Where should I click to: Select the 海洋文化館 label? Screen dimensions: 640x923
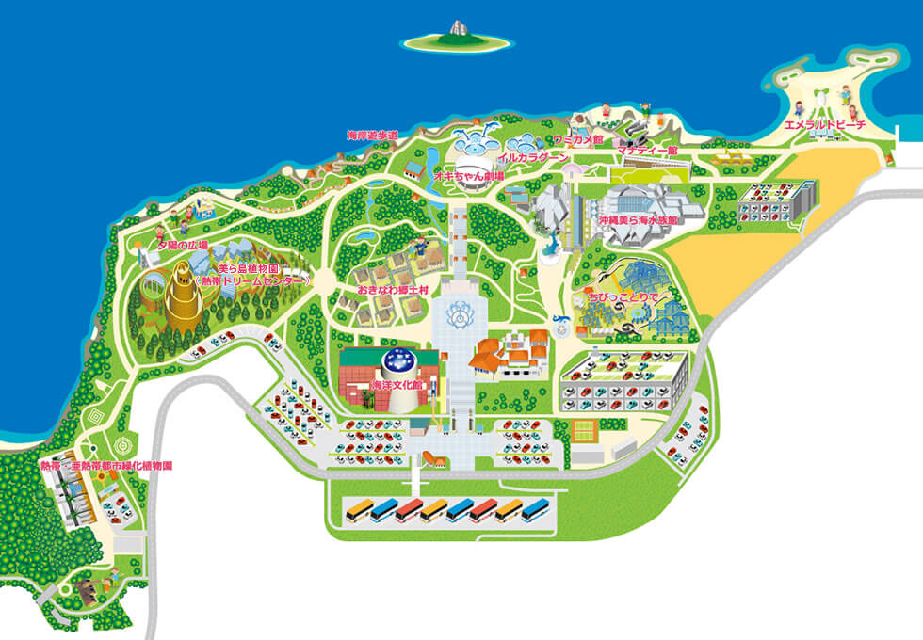(x=365, y=386)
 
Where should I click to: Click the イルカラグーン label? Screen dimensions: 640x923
(x=533, y=158)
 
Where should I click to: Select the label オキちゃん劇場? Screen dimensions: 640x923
(x=468, y=175)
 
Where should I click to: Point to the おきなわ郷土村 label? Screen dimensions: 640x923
(x=393, y=291)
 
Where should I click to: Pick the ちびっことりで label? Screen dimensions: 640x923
(x=622, y=297)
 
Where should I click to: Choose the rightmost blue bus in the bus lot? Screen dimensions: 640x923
(x=535, y=510)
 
